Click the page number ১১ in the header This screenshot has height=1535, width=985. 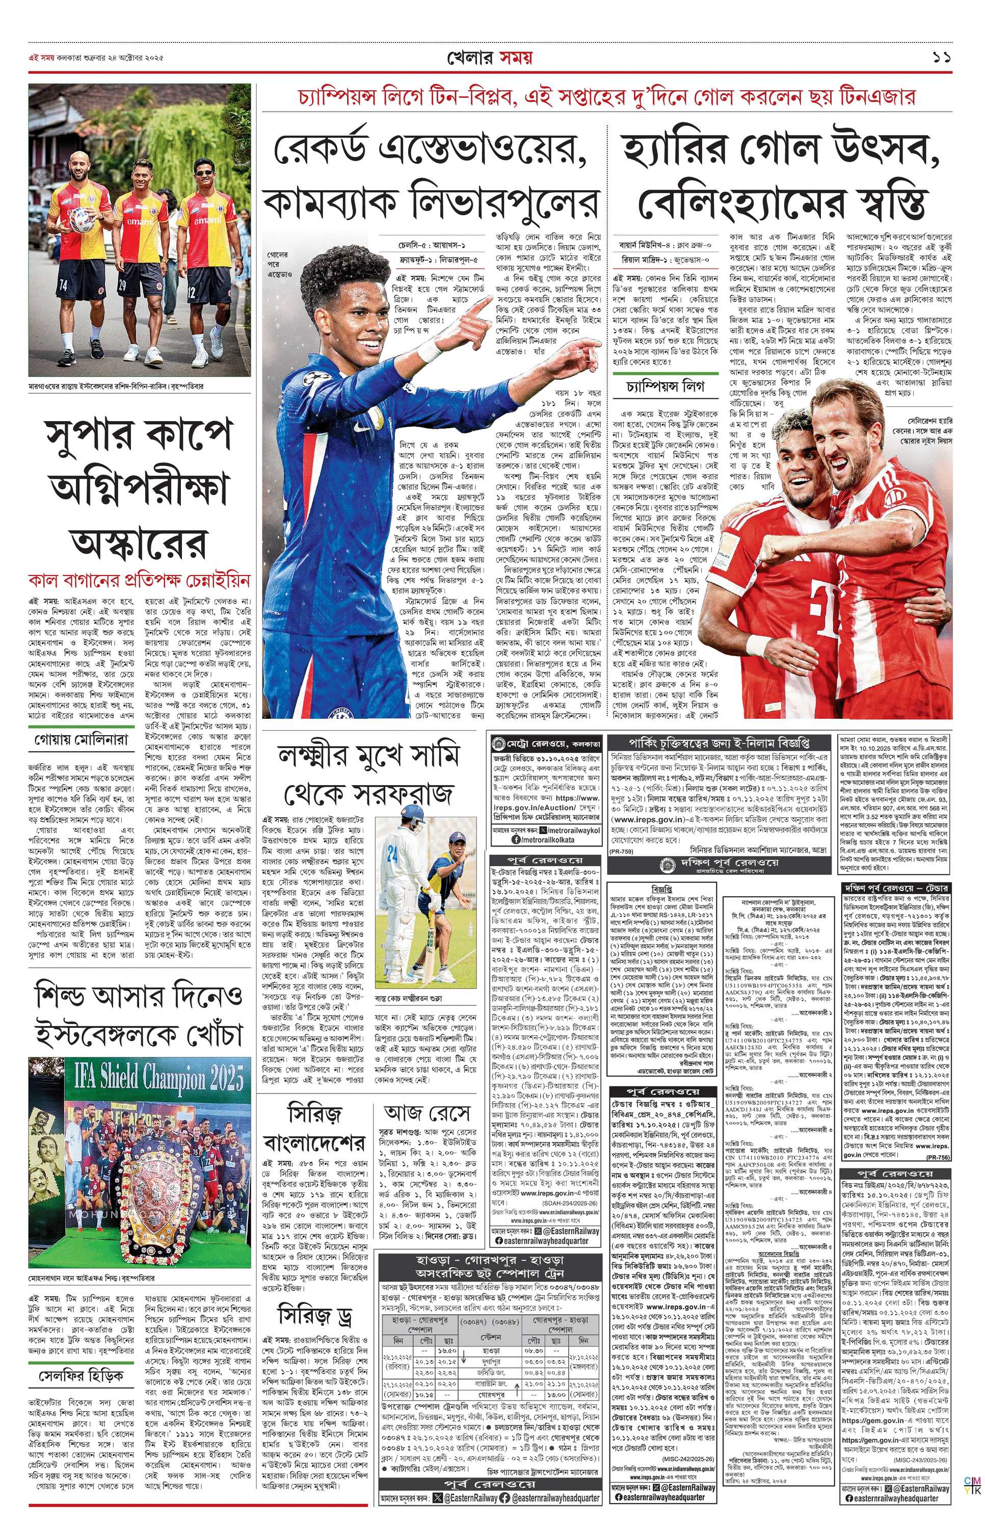(941, 58)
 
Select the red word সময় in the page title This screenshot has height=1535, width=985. (514, 58)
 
